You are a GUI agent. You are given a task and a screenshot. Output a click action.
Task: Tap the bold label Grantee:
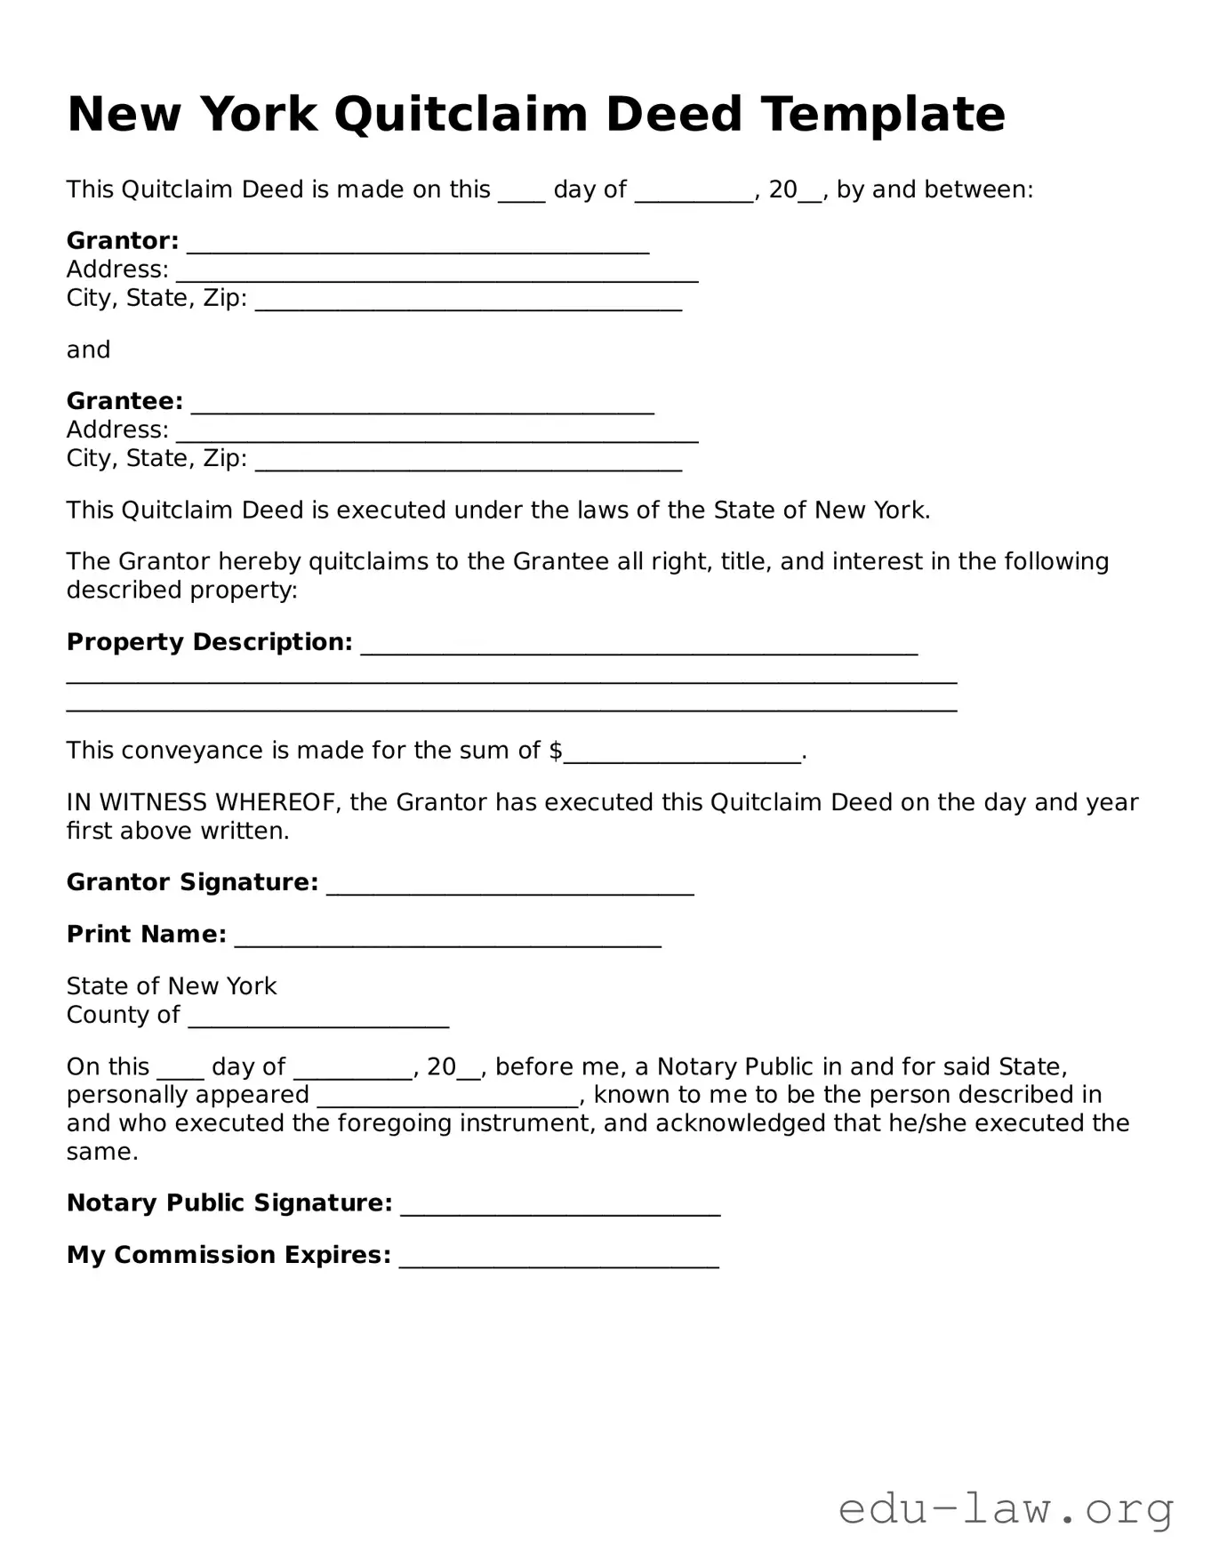click(124, 402)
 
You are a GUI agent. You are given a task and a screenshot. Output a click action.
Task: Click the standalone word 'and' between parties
click(88, 350)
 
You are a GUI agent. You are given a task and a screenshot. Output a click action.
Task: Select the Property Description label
click(209, 642)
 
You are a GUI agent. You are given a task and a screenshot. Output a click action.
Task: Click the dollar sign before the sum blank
click(556, 751)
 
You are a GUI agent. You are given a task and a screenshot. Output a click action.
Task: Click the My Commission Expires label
click(229, 1255)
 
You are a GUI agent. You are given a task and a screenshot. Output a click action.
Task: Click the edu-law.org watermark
click(1006, 1510)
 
